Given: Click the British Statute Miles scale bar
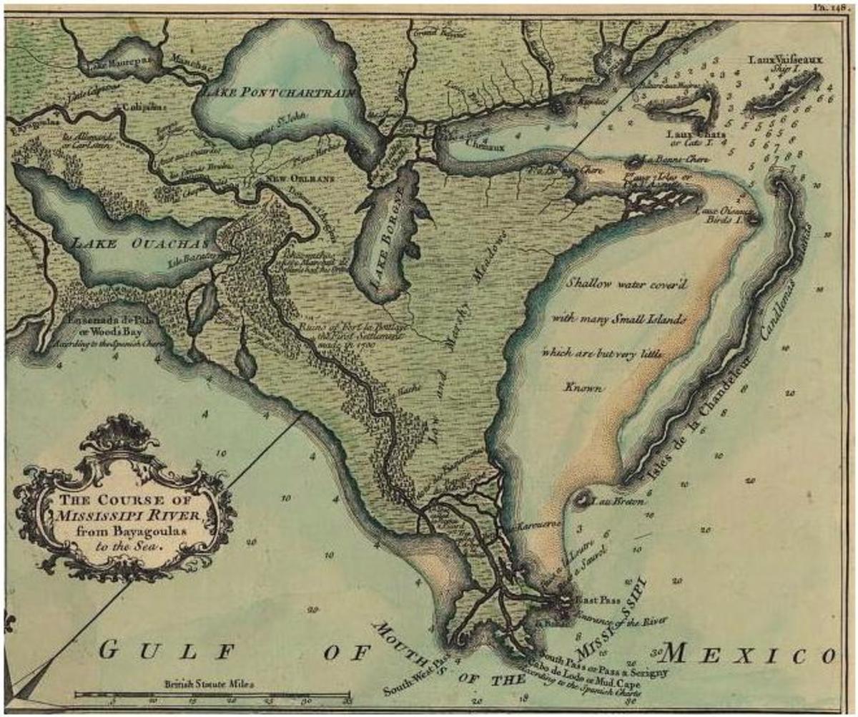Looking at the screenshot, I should [x=213, y=694].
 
